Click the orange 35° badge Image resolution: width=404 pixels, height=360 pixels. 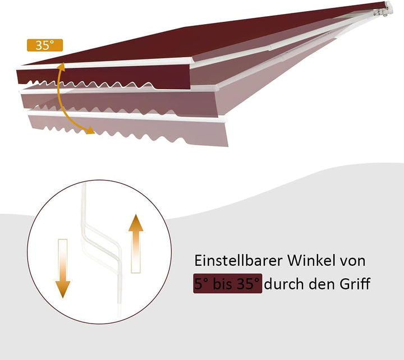click(x=45, y=45)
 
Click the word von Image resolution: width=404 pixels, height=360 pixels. click(x=353, y=262)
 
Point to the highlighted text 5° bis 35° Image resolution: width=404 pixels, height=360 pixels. click(x=227, y=284)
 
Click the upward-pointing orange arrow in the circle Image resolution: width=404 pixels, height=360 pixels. click(x=136, y=243)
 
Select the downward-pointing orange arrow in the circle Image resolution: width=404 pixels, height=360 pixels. click(x=63, y=269)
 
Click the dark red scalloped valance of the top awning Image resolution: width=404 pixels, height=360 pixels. click(x=103, y=77)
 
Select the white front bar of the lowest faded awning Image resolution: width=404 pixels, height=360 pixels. click(x=126, y=117)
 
